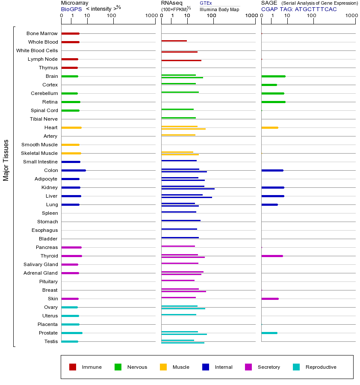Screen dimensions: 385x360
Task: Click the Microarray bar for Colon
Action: click(x=74, y=170)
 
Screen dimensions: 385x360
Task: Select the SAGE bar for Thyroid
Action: click(x=272, y=256)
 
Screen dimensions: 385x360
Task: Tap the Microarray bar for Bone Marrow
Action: click(x=71, y=33)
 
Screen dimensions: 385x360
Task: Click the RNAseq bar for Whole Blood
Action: click(x=174, y=41)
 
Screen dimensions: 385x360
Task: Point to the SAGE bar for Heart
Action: click(x=269, y=127)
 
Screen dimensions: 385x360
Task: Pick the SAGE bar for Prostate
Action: click(x=269, y=333)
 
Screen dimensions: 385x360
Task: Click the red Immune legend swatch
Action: click(x=73, y=367)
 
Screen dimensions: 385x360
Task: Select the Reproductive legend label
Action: click(x=321, y=367)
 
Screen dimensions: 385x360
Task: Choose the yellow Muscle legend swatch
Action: click(x=163, y=367)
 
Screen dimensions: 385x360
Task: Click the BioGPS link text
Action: click(x=71, y=9)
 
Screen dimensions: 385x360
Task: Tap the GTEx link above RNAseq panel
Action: click(x=206, y=3)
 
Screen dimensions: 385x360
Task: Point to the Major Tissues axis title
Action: click(x=6, y=160)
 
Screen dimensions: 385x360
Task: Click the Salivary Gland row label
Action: click(x=41, y=264)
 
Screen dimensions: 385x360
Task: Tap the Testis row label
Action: click(x=51, y=341)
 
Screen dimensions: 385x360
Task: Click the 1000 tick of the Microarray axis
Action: click(x=150, y=16)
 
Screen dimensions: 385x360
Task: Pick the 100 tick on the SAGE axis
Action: click(x=312, y=16)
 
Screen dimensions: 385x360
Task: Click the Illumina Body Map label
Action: click(x=219, y=9)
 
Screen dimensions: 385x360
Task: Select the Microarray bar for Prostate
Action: click(x=72, y=333)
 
